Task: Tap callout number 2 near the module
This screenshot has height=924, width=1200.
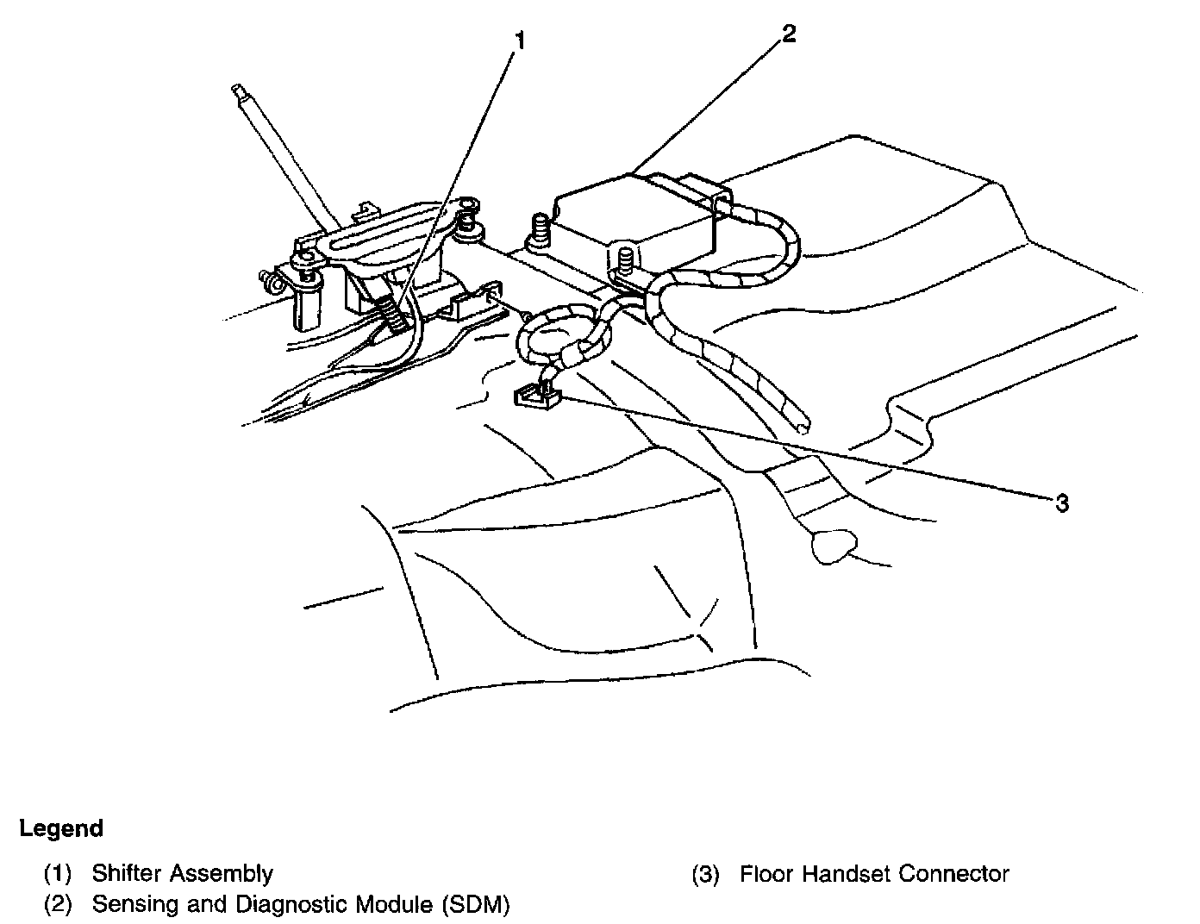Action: point(788,34)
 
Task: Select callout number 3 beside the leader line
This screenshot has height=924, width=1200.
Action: point(1062,503)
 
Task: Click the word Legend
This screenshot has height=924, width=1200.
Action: point(60,829)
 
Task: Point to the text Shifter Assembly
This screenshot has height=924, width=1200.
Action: point(182,873)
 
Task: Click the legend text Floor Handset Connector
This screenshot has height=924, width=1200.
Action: point(874,873)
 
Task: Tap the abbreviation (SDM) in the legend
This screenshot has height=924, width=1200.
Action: point(475,904)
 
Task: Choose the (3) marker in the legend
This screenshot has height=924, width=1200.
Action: point(705,873)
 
